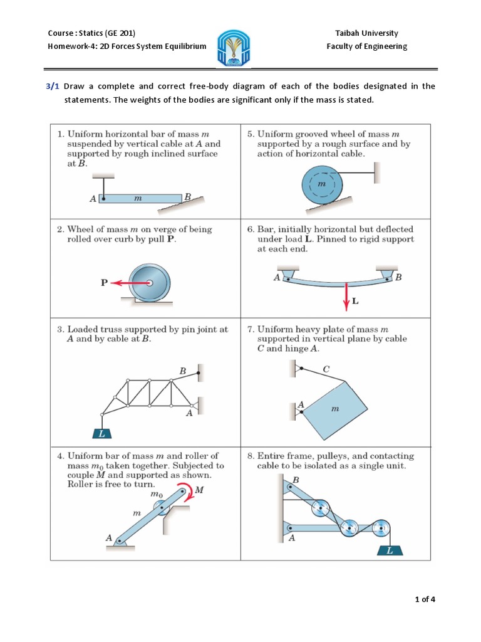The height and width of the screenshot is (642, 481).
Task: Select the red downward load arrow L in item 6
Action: tap(345, 295)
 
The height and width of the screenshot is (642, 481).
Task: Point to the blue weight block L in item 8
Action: tap(391, 551)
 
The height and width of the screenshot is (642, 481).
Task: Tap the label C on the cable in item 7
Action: tap(326, 370)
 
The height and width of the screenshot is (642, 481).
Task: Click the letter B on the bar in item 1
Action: tap(186, 197)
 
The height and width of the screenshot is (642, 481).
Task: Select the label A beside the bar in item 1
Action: tap(93, 199)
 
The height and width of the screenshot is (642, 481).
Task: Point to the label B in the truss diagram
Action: tap(183, 371)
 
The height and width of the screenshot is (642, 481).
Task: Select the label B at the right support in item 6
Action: tap(399, 277)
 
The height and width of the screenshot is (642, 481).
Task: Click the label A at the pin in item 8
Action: tap(292, 537)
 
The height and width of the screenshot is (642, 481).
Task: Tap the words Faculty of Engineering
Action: tap(366, 46)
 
